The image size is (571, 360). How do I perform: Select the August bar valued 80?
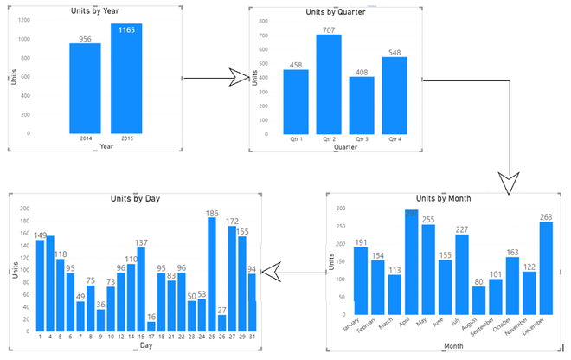478,299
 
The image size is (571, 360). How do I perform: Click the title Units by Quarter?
336,12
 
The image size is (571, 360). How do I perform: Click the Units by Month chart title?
449,198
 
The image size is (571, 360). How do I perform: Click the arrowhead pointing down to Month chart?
509,182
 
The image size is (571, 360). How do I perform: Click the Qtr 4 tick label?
395,138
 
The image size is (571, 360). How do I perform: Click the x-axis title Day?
146,345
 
